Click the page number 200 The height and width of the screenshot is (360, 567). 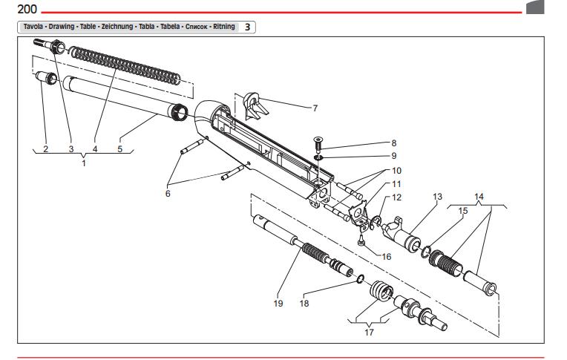(16, 9)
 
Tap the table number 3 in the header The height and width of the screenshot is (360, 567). (248, 27)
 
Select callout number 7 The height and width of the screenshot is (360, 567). (315, 108)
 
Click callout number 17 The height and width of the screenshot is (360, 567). (369, 332)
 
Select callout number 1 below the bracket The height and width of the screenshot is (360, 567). (84, 163)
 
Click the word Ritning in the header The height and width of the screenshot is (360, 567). (221, 27)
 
